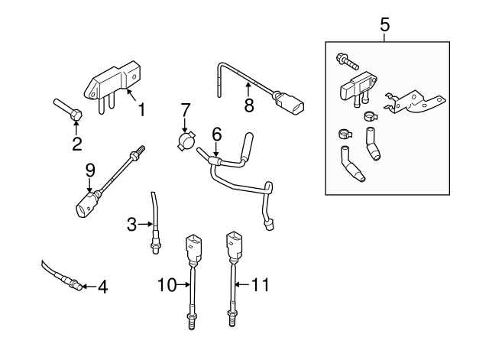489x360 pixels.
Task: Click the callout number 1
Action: tap(141, 110)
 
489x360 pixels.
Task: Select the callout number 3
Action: tap(131, 224)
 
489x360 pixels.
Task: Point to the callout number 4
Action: tap(102, 287)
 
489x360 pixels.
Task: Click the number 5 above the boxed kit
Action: tap(385, 25)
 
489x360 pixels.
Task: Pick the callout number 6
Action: tap(216, 133)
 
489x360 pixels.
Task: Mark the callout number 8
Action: tap(248, 105)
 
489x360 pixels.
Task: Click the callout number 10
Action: tap(167, 285)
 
